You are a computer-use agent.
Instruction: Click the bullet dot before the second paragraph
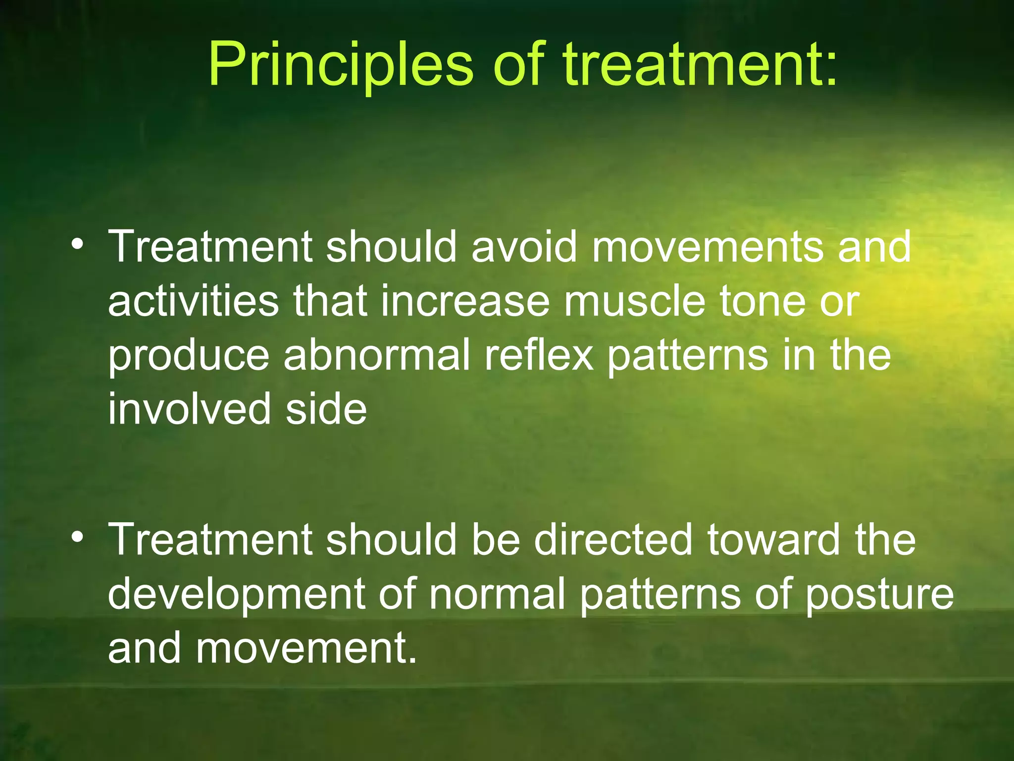76,537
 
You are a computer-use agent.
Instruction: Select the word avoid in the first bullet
524,246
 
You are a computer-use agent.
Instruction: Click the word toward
773,540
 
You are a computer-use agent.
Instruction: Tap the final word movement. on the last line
306,649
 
